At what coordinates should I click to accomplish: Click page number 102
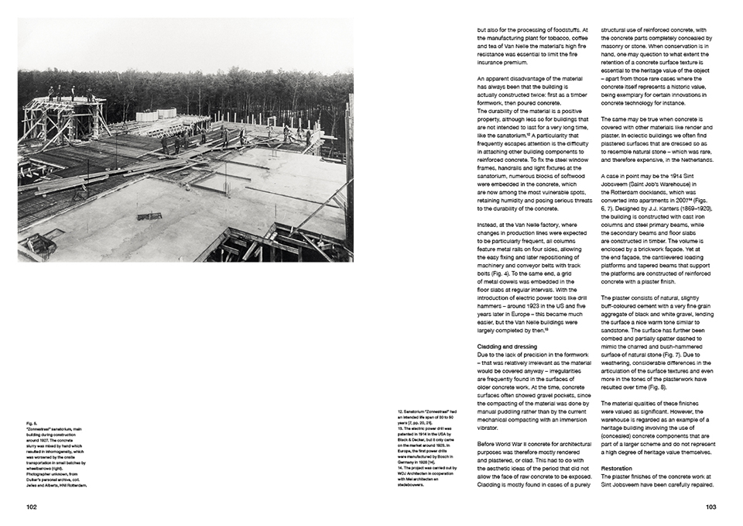pyautogui.click(x=31, y=507)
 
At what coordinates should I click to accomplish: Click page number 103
pyautogui.click(x=711, y=507)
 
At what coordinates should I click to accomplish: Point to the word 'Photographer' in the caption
pyautogui.click(x=43, y=469)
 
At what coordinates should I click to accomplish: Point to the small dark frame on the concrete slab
pyautogui.click(x=149, y=216)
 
